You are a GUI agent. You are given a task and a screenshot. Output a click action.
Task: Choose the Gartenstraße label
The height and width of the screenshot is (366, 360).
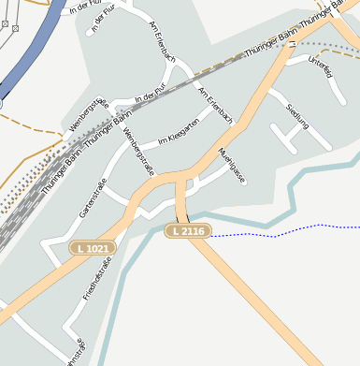click(95, 201)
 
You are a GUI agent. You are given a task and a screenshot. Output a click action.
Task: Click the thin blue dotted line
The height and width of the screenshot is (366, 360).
click(281, 229)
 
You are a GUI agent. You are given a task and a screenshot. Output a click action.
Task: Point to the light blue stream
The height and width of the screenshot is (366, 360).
click(299, 183)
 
